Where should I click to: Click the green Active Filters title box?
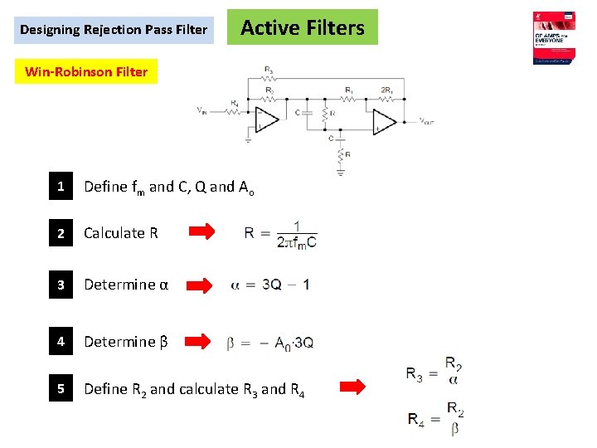pyautogui.click(x=302, y=27)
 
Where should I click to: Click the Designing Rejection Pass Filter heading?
pyautogui.click(x=114, y=30)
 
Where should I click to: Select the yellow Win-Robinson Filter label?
pyautogui.click(x=86, y=71)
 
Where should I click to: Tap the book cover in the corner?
pyautogui.click(x=555, y=37)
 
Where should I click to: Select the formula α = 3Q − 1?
pyautogui.click(x=270, y=285)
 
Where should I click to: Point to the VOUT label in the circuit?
pyautogui.click(x=426, y=121)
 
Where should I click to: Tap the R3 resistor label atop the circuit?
pyautogui.click(x=269, y=69)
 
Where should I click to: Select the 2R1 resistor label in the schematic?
pyautogui.click(x=386, y=90)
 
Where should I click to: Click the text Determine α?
pyautogui.click(x=126, y=285)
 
